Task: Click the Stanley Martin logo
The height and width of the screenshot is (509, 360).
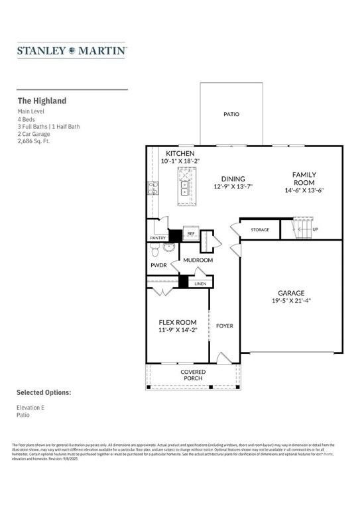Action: coord(72,50)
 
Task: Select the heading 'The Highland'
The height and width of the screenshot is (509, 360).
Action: coord(42,101)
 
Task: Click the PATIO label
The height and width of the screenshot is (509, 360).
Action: coord(231,115)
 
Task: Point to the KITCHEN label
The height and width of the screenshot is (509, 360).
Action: coord(180,153)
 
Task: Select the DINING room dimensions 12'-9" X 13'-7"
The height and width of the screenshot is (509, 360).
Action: coord(233,187)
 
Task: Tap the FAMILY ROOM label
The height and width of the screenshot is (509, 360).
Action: coord(304,178)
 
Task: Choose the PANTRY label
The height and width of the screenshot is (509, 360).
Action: coord(158,237)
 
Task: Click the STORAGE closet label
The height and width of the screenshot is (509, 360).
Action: coord(260,230)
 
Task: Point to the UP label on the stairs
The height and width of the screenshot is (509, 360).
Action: coord(315,230)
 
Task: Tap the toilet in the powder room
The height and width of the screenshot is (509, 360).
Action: coord(155,251)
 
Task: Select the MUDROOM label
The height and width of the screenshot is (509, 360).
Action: coord(198,260)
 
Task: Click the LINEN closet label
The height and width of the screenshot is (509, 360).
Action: coord(200,284)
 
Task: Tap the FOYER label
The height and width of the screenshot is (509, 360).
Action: coord(225,326)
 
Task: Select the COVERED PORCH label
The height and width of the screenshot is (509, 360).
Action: coord(194,376)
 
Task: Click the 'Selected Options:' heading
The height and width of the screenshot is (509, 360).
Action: coord(43,392)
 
